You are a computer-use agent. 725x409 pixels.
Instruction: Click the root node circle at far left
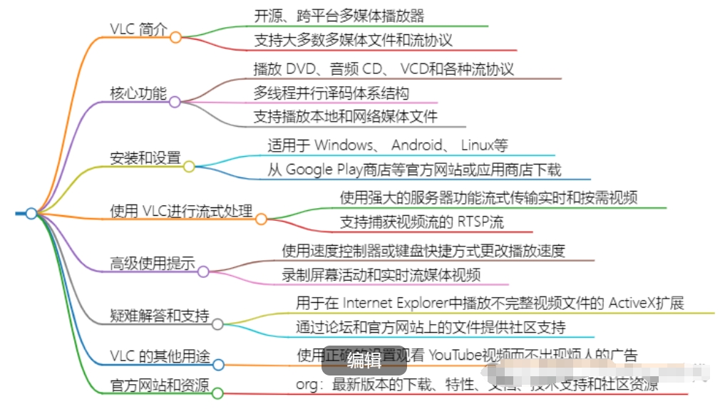(31, 213)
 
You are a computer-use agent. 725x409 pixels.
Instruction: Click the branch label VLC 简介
(138, 29)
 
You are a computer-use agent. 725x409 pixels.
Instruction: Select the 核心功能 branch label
(138, 93)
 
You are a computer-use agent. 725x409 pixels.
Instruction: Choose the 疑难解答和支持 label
(160, 315)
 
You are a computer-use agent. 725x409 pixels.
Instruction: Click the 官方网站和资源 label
(160, 385)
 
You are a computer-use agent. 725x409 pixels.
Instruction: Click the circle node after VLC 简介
(175, 37)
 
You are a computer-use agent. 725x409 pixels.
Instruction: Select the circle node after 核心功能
(175, 102)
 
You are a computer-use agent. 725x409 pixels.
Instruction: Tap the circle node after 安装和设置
(189, 167)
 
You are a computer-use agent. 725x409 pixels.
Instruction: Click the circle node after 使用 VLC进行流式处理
(261, 219)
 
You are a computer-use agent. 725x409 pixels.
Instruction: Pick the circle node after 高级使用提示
(203, 271)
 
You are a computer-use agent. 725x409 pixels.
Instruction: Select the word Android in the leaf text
(418, 145)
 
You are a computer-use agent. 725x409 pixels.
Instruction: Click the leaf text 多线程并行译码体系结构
(331, 93)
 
